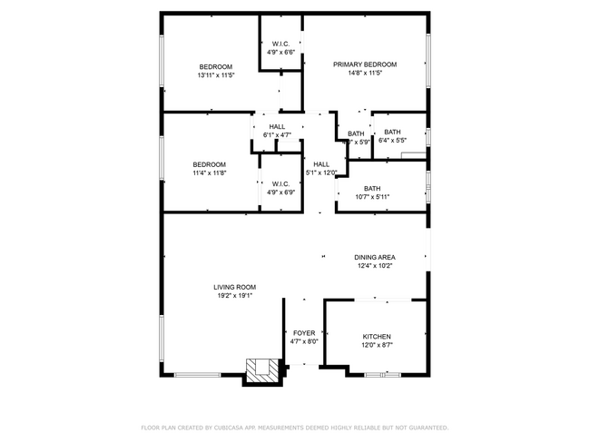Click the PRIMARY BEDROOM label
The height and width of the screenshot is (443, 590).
tap(365, 64)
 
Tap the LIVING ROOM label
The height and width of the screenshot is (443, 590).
tap(233, 287)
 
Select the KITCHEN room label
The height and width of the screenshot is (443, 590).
tap(376, 337)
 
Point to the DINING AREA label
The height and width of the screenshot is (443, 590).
tap(374, 258)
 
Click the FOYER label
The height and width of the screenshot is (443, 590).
tap(304, 333)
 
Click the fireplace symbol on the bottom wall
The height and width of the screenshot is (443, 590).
tap(263, 369)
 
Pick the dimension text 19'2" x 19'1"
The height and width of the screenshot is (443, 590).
tap(233, 295)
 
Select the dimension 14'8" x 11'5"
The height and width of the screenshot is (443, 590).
tap(365, 73)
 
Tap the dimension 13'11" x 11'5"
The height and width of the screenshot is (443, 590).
tap(216, 74)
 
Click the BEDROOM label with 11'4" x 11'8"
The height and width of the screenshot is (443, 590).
tap(208, 164)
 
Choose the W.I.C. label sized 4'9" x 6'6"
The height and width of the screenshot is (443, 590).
tap(280, 44)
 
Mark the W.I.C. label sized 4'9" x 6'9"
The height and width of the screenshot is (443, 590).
tap(280, 184)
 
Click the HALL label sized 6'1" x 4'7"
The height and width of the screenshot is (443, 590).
tap(277, 127)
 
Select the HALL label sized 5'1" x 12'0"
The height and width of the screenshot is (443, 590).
tap(321, 164)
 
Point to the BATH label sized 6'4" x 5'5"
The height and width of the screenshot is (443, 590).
tap(392, 132)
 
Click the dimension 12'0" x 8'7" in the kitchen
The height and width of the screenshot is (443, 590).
tap(376, 345)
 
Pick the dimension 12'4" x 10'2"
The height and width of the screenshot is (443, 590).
tap(374, 266)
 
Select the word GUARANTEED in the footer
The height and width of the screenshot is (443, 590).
tap(428, 427)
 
